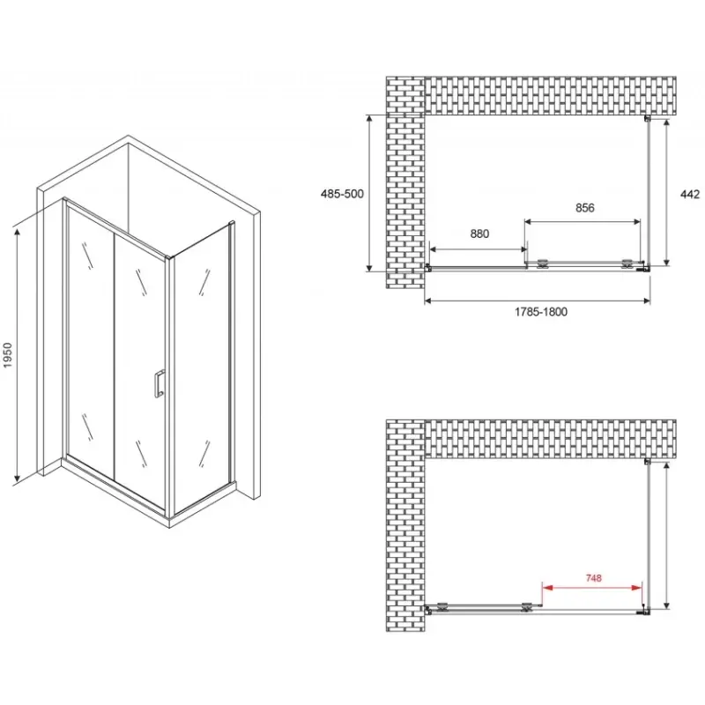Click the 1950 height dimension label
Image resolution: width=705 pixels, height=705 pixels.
(x=9, y=356)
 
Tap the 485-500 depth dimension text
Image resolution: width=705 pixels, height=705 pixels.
(x=342, y=194)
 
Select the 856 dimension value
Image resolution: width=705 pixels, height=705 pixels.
(x=584, y=208)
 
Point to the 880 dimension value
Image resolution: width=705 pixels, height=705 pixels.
(x=479, y=234)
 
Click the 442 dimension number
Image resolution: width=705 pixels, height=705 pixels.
(x=690, y=194)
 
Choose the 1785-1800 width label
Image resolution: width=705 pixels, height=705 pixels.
(x=541, y=312)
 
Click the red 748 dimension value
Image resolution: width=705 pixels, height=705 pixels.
(x=593, y=578)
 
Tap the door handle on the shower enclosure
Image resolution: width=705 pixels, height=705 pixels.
(x=159, y=383)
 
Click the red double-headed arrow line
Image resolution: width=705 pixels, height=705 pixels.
(x=591, y=587)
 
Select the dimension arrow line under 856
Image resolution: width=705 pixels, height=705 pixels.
(x=583, y=221)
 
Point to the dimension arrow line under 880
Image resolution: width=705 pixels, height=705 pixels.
(x=478, y=249)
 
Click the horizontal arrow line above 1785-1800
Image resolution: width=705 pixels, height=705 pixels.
(x=538, y=301)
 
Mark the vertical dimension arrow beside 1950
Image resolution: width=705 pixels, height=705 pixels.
(x=17, y=355)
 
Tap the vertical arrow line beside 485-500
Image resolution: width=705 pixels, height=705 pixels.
(x=369, y=193)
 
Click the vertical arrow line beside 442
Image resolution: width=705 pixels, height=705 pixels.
(x=667, y=192)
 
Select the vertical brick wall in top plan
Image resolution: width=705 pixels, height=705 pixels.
(x=405, y=182)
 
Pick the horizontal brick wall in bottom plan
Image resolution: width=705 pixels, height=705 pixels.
(x=550, y=439)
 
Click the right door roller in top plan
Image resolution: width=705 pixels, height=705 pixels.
(x=627, y=263)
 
